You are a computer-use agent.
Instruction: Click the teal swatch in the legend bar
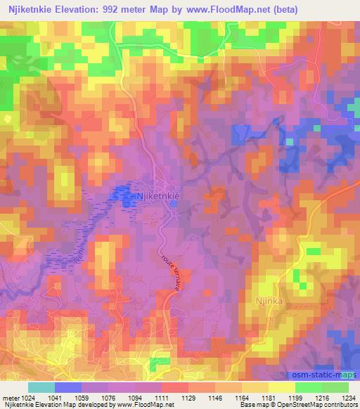[41, 387]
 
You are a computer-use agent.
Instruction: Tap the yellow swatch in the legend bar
[282, 387]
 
